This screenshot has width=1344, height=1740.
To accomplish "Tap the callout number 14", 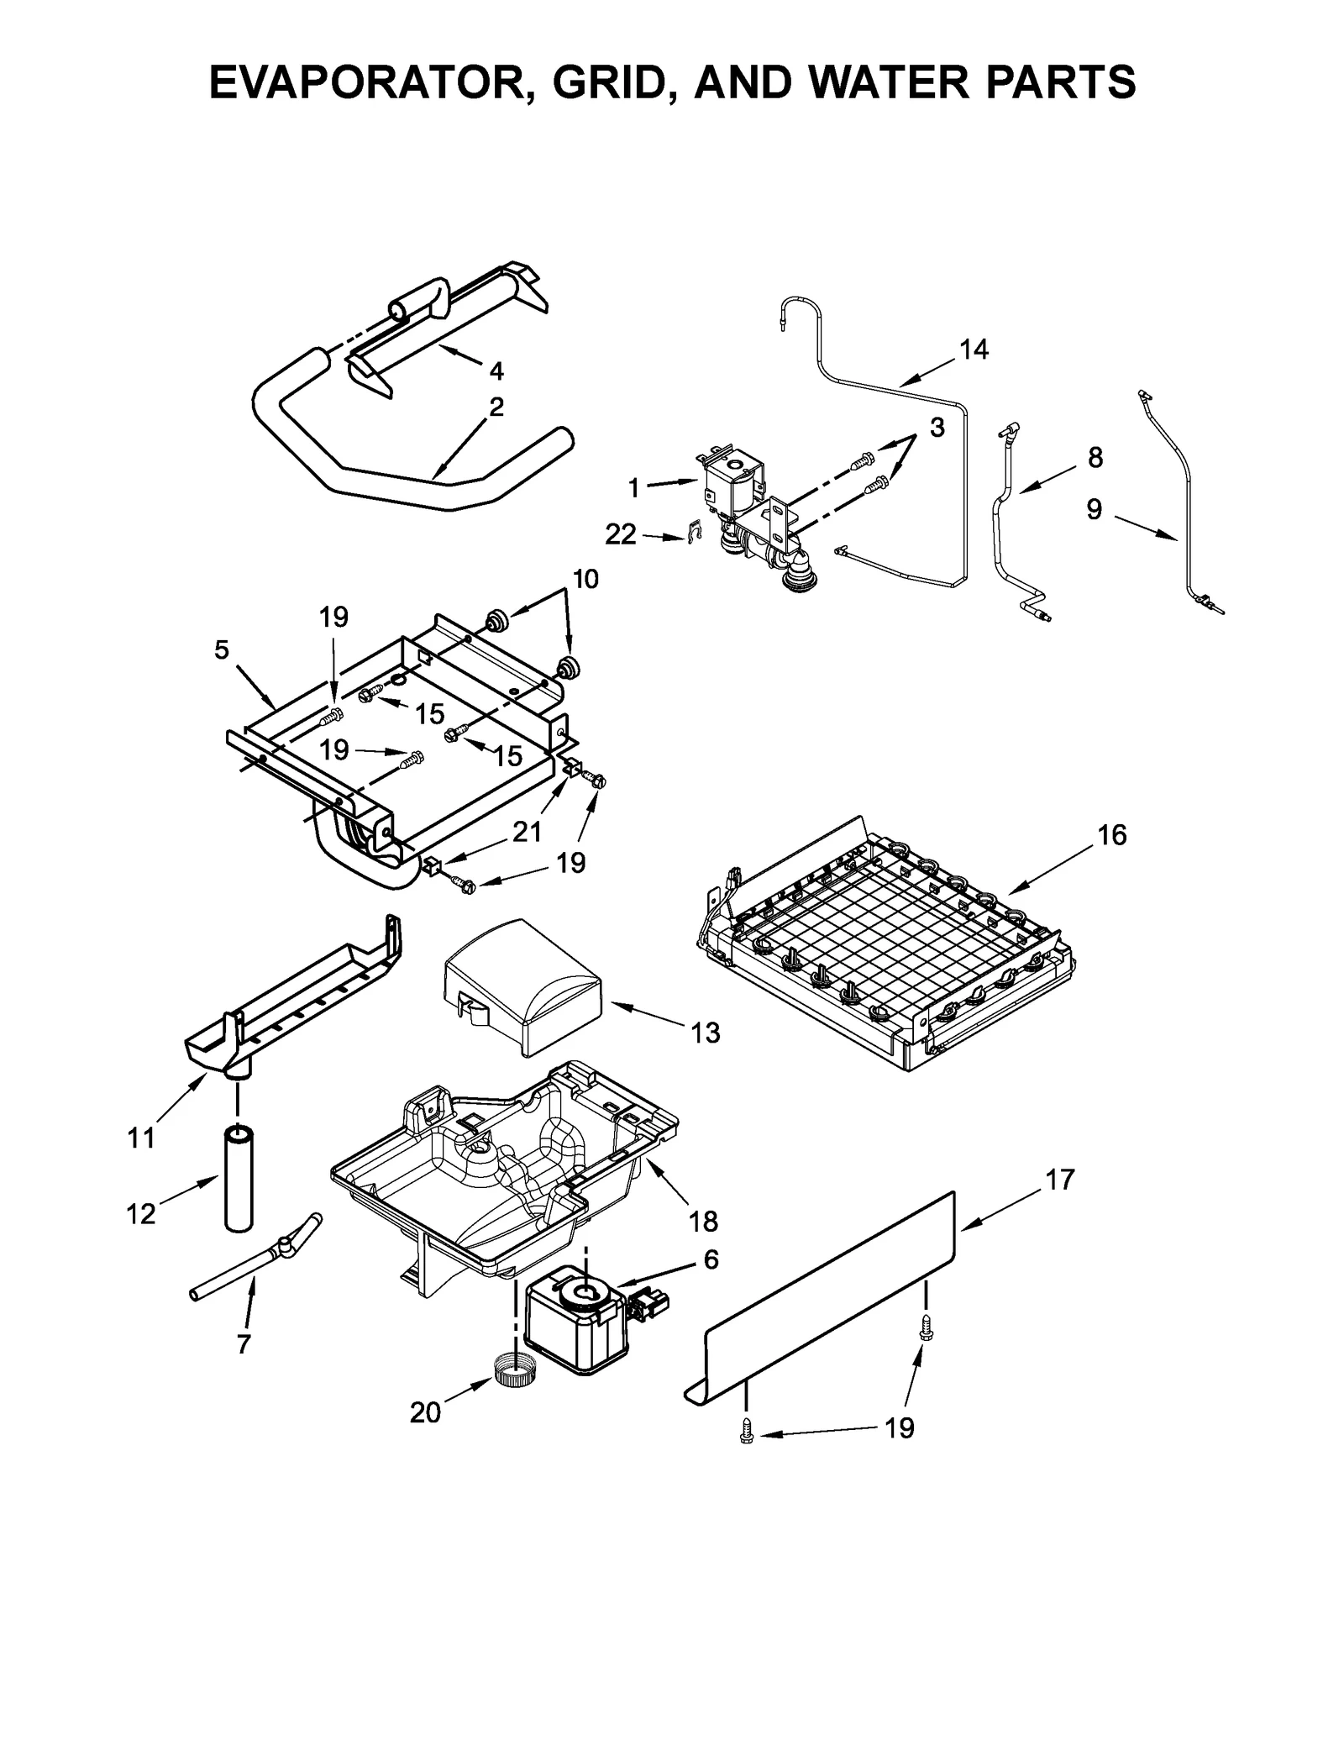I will click(x=974, y=350).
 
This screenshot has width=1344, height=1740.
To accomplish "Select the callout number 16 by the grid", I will click(x=1111, y=835).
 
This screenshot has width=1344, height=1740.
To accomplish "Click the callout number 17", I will click(x=1060, y=1180).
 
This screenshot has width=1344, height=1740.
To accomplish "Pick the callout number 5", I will click(x=221, y=649).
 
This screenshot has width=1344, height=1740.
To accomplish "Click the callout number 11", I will click(x=141, y=1138).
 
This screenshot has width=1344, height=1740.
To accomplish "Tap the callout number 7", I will click(x=244, y=1344).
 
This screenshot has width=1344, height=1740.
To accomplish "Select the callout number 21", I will click(x=527, y=832).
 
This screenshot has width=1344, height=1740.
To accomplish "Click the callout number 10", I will click(x=585, y=579).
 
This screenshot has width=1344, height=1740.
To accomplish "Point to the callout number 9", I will click(x=1094, y=510).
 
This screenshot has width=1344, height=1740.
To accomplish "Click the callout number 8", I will click(x=1095, y=458).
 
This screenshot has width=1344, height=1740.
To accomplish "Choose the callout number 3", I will click(x=937, y=428).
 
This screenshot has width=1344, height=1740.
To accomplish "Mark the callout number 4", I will click(x=496, y=371).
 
